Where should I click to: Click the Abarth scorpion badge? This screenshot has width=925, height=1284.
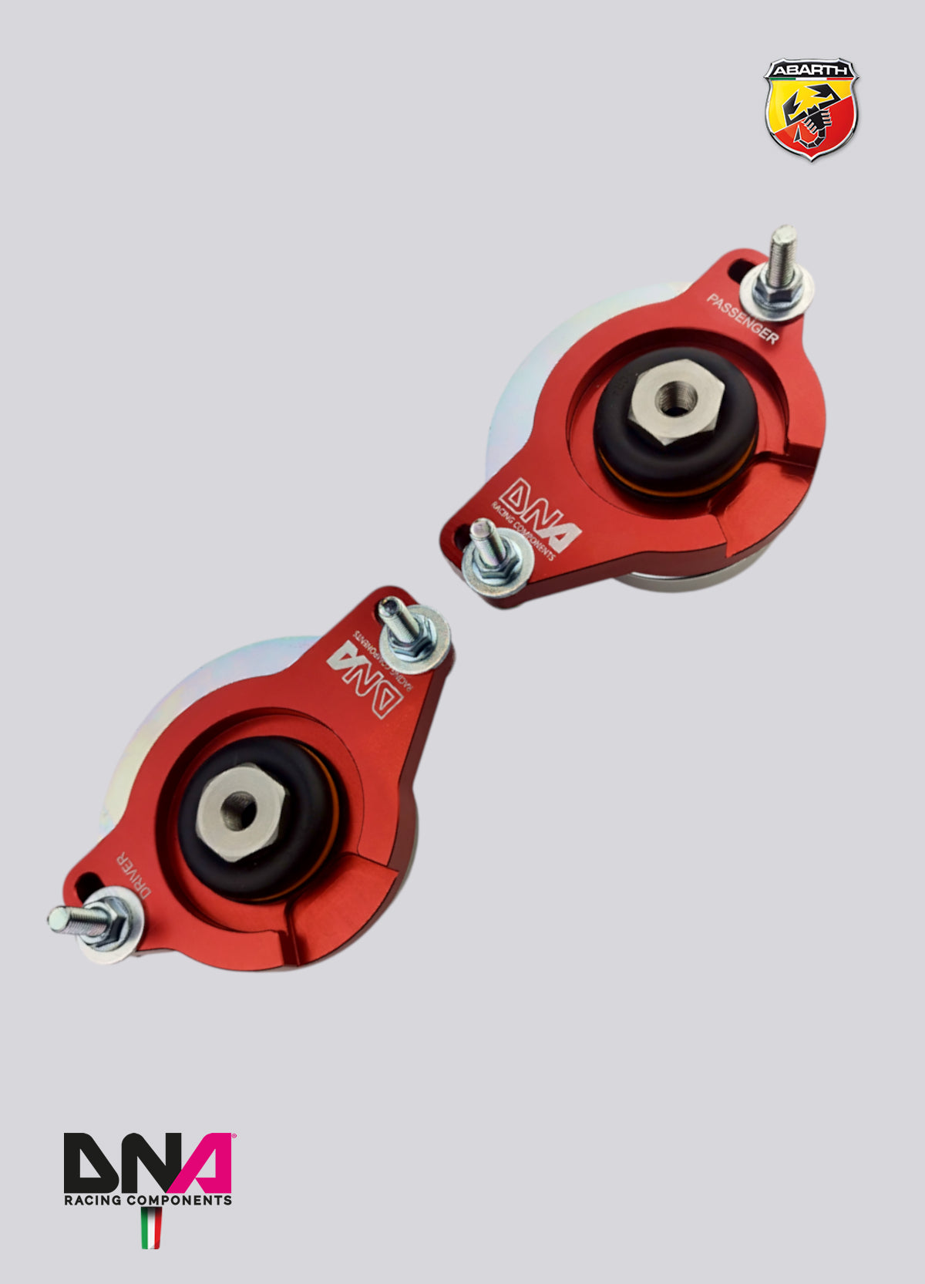810,110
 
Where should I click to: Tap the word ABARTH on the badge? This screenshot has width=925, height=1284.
810,70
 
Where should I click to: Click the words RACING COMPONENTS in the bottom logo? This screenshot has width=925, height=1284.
147,1199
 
